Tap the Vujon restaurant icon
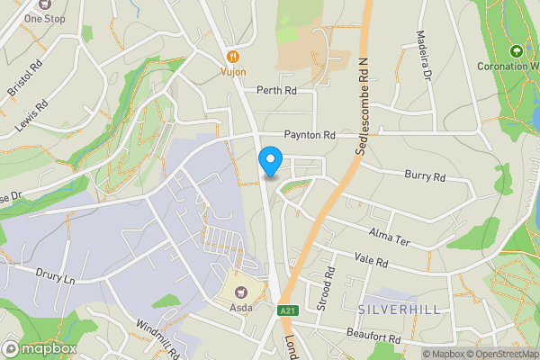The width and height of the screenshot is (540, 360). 232,53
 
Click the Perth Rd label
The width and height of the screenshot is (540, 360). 276,90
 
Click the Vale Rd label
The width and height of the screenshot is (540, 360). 370,262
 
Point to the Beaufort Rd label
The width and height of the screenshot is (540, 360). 373,337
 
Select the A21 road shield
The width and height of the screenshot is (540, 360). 286,310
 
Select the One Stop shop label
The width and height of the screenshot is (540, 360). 44,17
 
